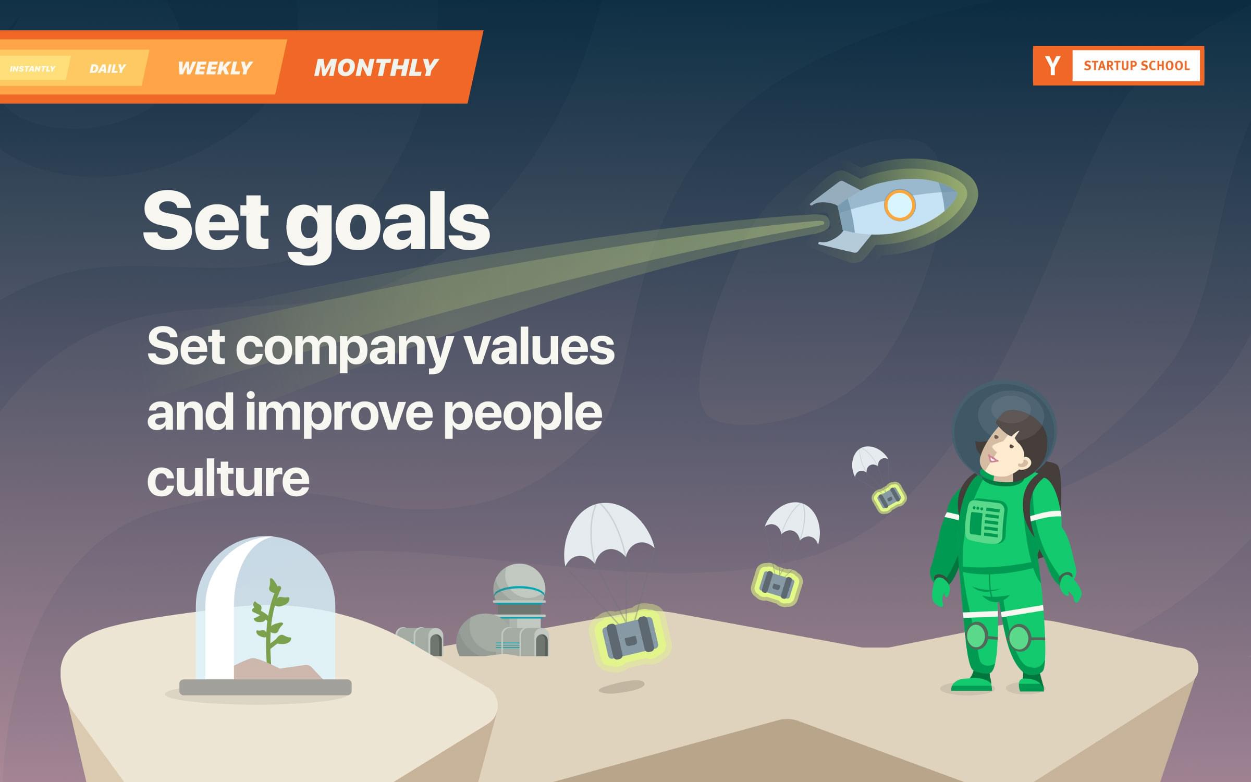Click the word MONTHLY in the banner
pos(376,68)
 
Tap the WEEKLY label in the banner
pos(215,68)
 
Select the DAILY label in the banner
pos(107,69)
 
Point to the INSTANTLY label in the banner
pos(32,69)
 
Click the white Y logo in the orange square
pos(1052,66)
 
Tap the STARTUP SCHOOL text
pos(1136,66)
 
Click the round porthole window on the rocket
pos(899,205)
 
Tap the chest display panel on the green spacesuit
pos(985,521)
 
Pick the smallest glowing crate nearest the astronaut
pos(889,497)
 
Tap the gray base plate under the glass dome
pos(265,687)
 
